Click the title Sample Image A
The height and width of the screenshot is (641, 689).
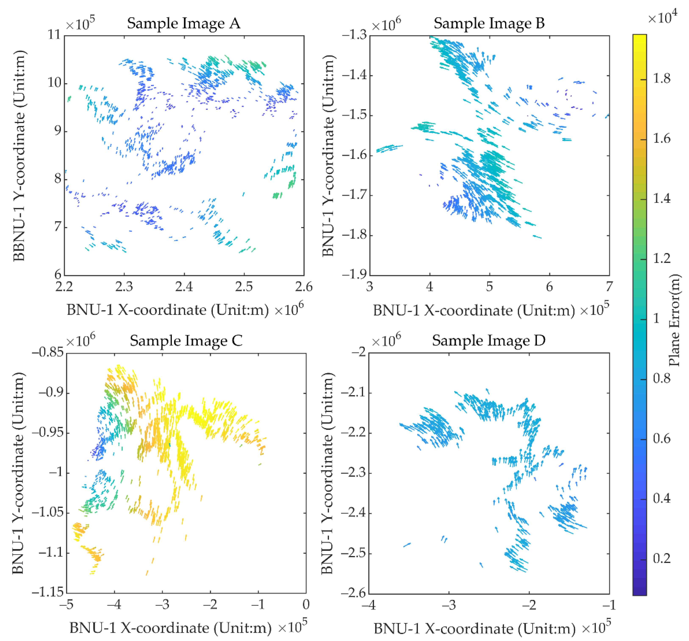(183, 24)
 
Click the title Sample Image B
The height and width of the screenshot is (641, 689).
(489, 24)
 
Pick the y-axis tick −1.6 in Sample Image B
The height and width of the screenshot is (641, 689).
(354, 155)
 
